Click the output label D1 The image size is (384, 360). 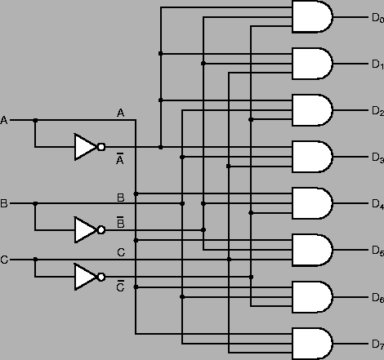pyautogui.click(x=377, y=64)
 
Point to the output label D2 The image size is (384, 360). pyautogui.click(x=377, y=110)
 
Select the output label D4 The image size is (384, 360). pyautogui.click(x=377, y=203)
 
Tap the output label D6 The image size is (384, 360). pyautogui.click(x=377, y=297)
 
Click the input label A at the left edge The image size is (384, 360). pyautogui.click(x=4, y=121)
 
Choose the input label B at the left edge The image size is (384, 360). pyautogui.click(x=4, y=203)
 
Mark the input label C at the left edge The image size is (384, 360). pyautogui.click(x=4, y=260)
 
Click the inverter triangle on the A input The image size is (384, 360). pyautogui.click(x=85, y=147)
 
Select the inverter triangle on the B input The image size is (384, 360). pyautogui.click(x=85, y=230)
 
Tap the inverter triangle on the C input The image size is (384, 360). pyautogui.click(x=85, y=277)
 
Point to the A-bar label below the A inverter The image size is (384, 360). pyautogui.click(x=120, y=160)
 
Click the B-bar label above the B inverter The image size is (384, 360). pyautogui.click(x=120, y=221)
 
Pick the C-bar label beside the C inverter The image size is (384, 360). pyautogui.click(x=120, y=286)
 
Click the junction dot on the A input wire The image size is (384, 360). pyautogui.click(x=35, y=121)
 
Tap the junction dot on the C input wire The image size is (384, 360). pyautogui.click(x=35, y=260)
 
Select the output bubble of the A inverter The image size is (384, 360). pyautogui.click(x=101, y=147)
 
